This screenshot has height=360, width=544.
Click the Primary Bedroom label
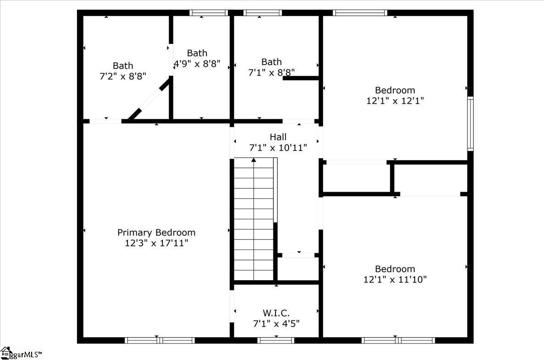coord(156,233)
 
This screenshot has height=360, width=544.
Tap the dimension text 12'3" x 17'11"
coord(156,243)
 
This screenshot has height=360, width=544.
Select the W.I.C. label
coord(276,313)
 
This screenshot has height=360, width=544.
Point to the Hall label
coord(278,137)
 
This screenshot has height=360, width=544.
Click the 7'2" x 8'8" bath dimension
coord(123,77)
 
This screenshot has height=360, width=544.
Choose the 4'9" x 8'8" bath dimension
coord(197,64)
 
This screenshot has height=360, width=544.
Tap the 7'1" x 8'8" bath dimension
coord(272,72)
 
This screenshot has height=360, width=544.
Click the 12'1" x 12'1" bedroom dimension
coord(395,100)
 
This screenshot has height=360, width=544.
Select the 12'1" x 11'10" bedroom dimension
coord(395,279)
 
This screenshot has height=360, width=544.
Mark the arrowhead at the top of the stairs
coord(254,160)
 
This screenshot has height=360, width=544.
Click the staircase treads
coord(254,220)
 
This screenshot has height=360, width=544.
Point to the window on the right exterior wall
coord(470,124)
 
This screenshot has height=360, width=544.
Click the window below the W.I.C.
coord(276,340)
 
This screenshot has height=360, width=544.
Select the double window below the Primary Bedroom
coord(160,340)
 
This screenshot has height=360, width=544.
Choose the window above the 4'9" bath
coord(209,13)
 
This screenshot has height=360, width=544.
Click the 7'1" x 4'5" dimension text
coord(276,324)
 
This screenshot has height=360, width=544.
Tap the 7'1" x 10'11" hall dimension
coord(278,148)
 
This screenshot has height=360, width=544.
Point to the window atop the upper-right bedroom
coord(360,13)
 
